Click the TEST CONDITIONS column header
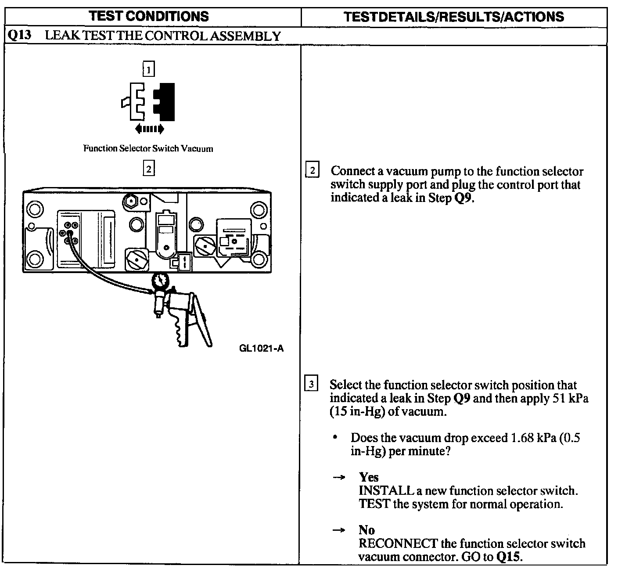149,16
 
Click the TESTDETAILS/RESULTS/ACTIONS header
453,17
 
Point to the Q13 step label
19,35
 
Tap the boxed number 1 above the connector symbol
149,69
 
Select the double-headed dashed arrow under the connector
149,129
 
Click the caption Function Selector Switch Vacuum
148,148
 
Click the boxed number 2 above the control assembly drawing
149,168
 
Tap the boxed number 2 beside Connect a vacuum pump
312,170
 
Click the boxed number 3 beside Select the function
311,385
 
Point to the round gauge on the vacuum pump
160,281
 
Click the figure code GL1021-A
262,349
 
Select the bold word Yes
368,477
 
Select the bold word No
366,530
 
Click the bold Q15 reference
510,557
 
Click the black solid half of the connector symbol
166,102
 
